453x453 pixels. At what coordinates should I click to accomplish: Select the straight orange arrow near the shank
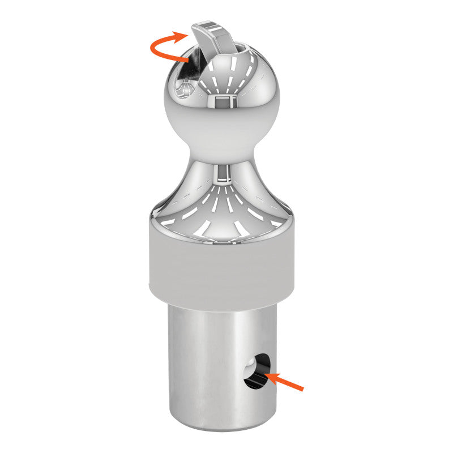(286, 382)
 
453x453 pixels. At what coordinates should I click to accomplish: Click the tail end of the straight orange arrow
(302, 389)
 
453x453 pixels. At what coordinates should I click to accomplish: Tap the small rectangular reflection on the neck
(224, 173)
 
